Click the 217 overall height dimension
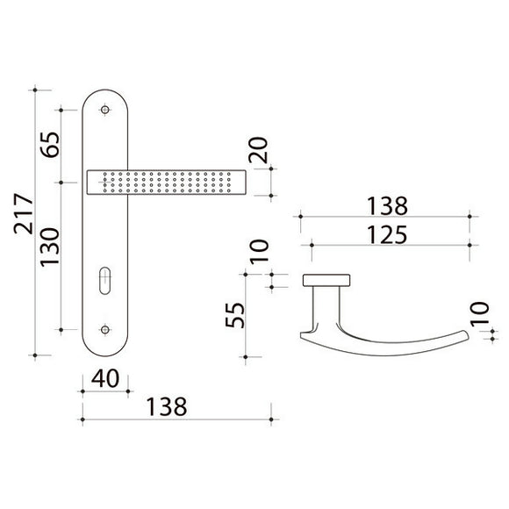click(24, 214)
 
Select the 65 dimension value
click(50, 145)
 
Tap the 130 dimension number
click(50, 247)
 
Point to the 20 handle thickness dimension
click(258, 150)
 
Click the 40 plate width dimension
click(105, 378)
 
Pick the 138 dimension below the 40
click(167, 406)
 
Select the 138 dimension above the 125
click(387, 206)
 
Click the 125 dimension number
click(387, 234)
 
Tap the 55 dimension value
click(234, 315)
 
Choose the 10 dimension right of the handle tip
click(479, 314)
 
